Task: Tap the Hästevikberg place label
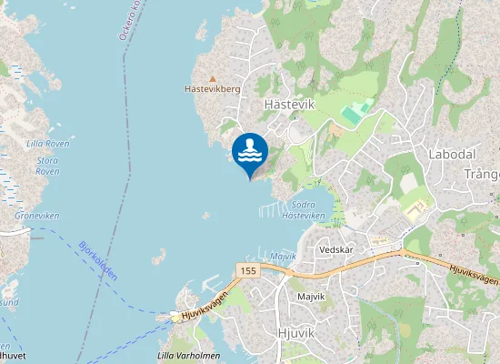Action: click(x=211, y=90)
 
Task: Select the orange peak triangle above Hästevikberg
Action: click(x=213, y=78)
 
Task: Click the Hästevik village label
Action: click(x=288, y=105)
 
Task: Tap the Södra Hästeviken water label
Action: click(x=303, y=209)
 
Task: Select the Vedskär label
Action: click(x=335, y=248)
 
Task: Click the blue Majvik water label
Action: click(x=283, y=257)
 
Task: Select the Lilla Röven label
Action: click(x=47, y=144)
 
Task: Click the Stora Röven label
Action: click(x=47, y=166)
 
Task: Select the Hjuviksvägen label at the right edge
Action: click(x=474, y=274)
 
